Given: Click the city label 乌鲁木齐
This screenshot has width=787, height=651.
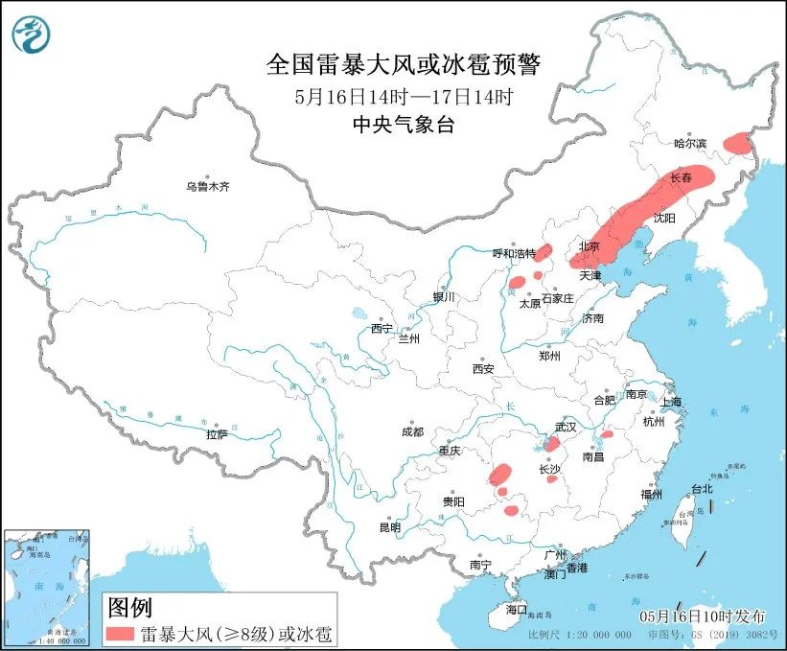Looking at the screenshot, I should [x=208, y=186].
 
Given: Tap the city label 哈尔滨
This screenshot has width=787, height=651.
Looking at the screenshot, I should [x=689, y=143].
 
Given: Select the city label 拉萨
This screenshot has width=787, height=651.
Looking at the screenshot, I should [x=217, y=434].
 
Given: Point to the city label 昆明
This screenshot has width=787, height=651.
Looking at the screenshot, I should [x=389, y=527].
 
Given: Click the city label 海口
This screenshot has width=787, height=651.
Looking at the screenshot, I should [x=517, y=609].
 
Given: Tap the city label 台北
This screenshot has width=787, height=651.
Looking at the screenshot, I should [x=702, y=488].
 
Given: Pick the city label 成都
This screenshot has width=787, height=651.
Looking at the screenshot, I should [x=413, y=431].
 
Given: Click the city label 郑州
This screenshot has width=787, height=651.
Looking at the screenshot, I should [x=549, y=356].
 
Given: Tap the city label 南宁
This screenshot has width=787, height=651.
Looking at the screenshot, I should [x=480, y=566].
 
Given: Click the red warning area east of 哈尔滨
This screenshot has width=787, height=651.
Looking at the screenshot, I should [x=738, y=143].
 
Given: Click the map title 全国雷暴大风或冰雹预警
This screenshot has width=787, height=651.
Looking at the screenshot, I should [x=403, y=65].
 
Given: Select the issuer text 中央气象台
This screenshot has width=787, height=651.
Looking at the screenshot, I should [x=403, y=124].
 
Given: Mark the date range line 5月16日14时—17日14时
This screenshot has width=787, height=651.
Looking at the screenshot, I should [x=403, y=96].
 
